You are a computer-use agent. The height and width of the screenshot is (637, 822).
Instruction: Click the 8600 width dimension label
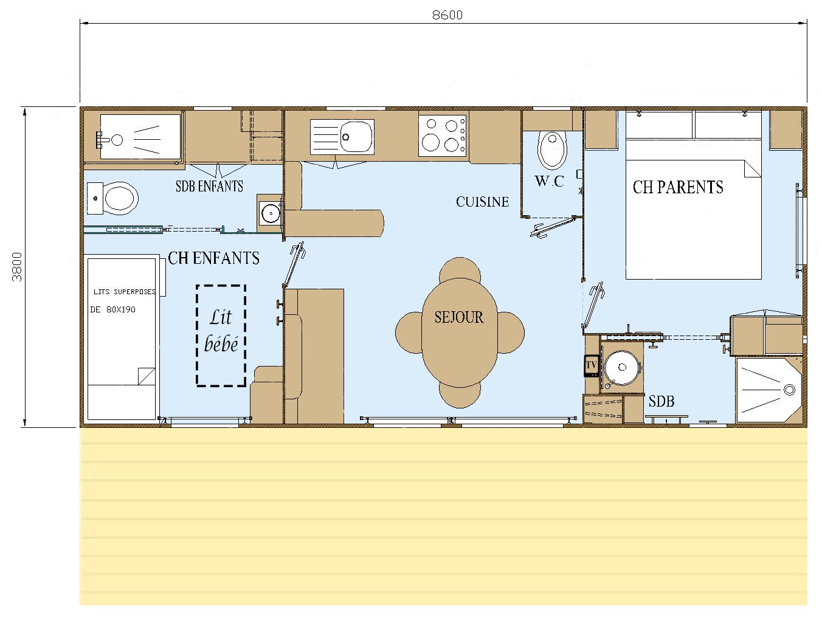pos(447,15)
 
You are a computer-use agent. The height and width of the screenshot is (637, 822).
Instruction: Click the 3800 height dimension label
pos(18,267)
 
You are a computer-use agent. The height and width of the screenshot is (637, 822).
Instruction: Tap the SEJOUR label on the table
pos(459,317)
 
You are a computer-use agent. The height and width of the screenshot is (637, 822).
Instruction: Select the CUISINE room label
pos(482,202)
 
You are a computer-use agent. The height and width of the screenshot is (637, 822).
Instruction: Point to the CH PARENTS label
pos(678,187)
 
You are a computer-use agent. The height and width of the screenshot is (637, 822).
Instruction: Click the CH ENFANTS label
pos(214,258)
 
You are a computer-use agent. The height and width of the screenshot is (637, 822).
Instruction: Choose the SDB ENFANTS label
pos(209,186)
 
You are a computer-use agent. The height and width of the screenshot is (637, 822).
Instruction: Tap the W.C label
pos(550,181)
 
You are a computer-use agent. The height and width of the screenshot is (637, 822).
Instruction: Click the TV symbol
pos(591,365)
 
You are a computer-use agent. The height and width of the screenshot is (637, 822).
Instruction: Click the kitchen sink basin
pos(356,137)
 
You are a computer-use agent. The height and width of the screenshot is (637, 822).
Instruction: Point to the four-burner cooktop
pos(442,136)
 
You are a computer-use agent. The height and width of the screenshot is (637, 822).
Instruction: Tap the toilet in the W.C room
pos(553,151)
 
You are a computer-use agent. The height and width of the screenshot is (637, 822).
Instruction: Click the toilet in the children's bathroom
pos(120,199)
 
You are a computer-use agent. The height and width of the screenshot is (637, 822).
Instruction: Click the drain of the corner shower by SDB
pos(789,390)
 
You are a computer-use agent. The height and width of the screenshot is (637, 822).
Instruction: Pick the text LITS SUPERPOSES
pos(125,292)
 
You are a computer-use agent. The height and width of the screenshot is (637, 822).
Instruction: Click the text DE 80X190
pos(112,309)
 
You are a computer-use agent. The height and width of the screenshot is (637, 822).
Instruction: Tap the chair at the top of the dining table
pos(460,269)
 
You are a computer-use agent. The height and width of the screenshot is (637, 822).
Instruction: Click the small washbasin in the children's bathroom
pos(271,213)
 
